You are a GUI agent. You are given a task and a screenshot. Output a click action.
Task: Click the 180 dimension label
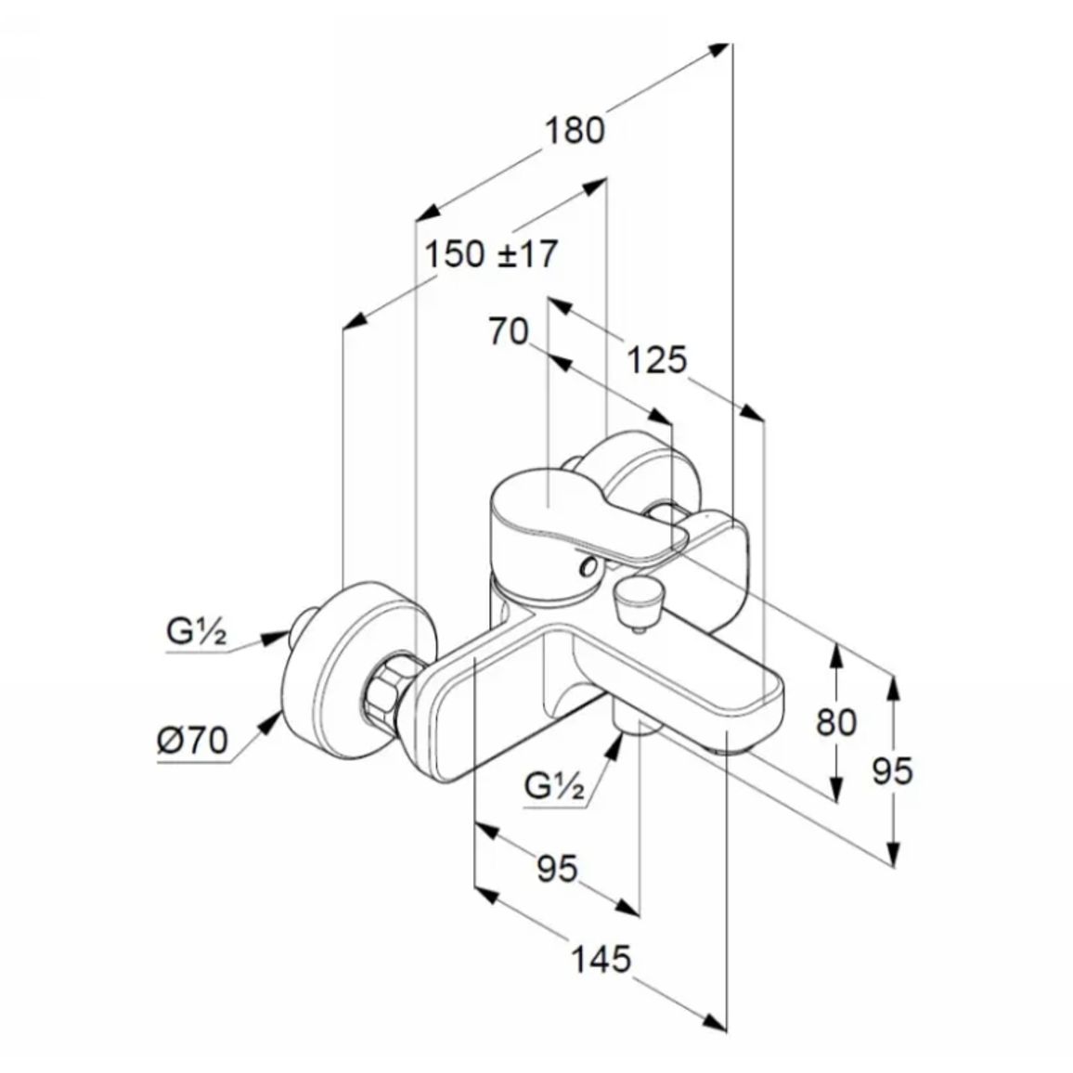575,131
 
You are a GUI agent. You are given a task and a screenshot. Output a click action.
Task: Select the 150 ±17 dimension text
491,254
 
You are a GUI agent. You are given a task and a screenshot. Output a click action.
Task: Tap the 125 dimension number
656,360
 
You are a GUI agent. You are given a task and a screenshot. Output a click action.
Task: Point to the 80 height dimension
836,721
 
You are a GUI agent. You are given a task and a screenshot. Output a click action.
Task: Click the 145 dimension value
601,959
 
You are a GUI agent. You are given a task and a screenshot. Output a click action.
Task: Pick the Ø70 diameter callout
192,741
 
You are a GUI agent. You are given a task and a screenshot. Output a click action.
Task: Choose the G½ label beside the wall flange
197,632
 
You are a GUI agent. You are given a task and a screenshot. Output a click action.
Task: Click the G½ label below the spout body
554,786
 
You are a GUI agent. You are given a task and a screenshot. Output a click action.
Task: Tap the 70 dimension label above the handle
509,332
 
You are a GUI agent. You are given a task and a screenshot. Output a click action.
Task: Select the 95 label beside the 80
892,771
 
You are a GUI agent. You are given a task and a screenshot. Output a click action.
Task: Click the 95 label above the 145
557,869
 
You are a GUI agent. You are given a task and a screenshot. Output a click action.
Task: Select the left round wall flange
357,670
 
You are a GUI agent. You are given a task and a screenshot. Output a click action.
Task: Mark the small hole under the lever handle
588,566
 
